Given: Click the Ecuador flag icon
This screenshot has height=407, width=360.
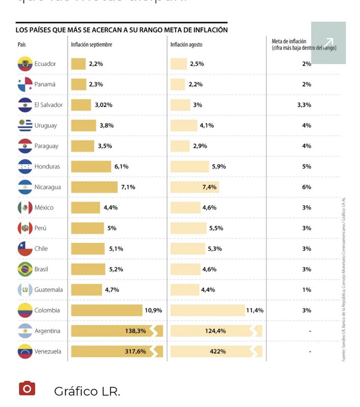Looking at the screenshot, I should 25,64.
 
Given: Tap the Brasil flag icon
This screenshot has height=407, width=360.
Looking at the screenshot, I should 25,269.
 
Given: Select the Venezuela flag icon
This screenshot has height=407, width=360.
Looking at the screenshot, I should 25,352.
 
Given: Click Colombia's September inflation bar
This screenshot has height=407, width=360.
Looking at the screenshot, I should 107,310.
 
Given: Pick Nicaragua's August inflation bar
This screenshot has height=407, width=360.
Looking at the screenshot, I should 195,187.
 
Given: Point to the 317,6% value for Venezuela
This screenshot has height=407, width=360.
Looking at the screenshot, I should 135,352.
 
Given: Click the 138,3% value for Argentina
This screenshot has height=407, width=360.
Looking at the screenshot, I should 135,331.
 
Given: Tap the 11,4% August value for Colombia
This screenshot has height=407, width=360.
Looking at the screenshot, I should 255,310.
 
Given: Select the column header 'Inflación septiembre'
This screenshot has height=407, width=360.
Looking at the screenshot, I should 92,45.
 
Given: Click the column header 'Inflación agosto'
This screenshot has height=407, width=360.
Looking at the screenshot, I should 186,45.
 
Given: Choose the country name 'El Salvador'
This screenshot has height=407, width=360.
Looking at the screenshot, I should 48,105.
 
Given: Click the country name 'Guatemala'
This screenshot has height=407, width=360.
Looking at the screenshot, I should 49,290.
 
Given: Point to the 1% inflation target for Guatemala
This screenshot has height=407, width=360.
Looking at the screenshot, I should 307,290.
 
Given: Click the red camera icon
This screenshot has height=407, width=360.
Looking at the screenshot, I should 27,389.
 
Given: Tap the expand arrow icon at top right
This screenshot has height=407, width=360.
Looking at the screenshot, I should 328,43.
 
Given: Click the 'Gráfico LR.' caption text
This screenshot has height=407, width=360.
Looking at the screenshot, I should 87,391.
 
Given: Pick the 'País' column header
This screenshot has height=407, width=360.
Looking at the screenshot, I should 22,45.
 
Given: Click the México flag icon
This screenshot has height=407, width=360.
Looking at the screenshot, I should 25,208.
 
